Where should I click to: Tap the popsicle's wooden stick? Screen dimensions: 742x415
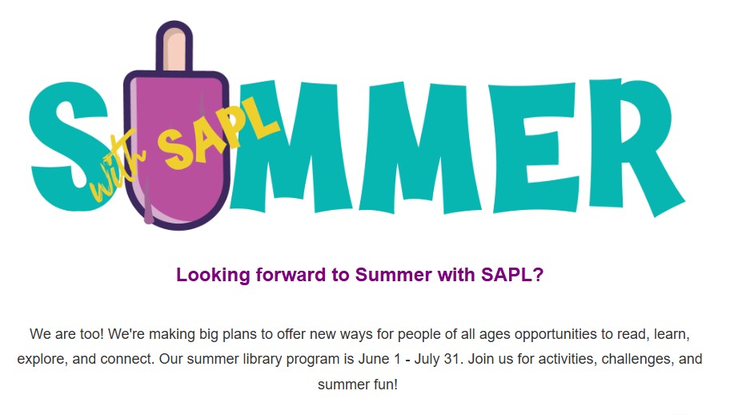174,47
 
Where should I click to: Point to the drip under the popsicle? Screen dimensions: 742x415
148,203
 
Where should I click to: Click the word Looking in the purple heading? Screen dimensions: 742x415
213,276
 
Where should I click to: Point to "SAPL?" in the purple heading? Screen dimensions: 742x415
512,275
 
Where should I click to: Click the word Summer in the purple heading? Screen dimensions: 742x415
394,275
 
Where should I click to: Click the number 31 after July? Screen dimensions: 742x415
452,359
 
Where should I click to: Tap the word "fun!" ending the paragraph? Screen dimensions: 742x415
386,385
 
